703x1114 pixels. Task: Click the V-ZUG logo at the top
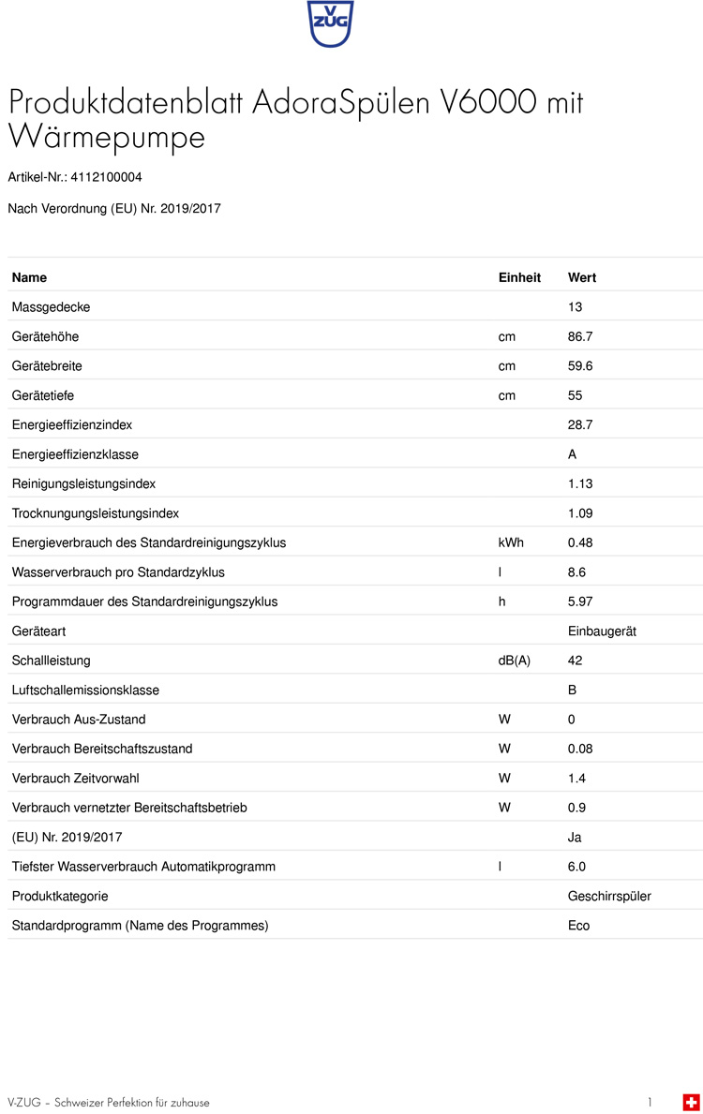pos(330,24)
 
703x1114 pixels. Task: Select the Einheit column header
pos(519,278)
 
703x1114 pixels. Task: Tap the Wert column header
pos(582,278)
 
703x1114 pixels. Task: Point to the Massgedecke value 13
pos(576,307)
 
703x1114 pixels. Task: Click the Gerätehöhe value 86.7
pos(581,336)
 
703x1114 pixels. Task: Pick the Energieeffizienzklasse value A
pos(573,454)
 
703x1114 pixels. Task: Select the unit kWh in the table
pos(511,542)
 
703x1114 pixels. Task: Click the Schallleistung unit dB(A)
pos(515,661)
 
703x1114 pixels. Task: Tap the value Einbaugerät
pos(602,631)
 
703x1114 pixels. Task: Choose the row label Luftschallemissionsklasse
pos(85,691)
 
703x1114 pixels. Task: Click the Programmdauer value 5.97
pos(581,602)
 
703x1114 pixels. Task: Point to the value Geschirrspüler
pos(609,897)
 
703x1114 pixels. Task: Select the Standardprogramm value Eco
pos(579,926)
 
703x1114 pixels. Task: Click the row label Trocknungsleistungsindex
pos(96,513)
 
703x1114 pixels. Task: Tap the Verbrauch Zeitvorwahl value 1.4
pos(576,779)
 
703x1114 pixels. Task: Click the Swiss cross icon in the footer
pos(691,1102)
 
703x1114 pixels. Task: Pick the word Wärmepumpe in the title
pos(106,137)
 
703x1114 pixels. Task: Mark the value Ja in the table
pos(575,838)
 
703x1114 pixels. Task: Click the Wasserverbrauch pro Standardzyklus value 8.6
pos(576,572)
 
